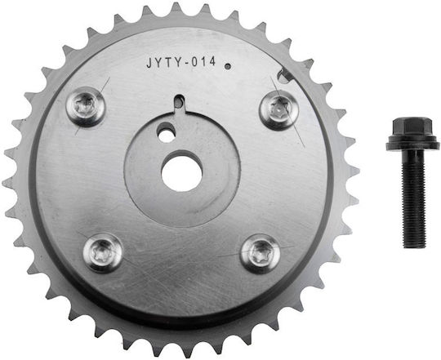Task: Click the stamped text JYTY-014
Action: point(180,62)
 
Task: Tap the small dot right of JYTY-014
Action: point(228,67)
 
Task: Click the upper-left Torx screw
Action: point(86,106)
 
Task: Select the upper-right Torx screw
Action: point(278,110)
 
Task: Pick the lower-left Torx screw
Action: point(103,252)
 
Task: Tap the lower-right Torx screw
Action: point(261,254)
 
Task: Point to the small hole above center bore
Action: point(167,136)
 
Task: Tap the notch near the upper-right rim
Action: point(284,77)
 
